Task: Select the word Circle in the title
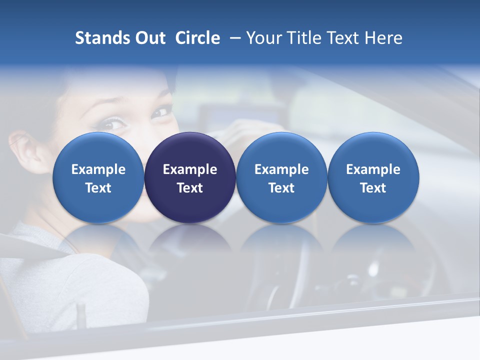click(197, 38)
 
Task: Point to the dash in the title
click(233, 38)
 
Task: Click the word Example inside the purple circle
click(190, 169)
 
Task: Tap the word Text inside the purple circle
click(190, 188)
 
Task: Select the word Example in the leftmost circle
click(98, 169)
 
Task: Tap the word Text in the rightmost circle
click(373, 188)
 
